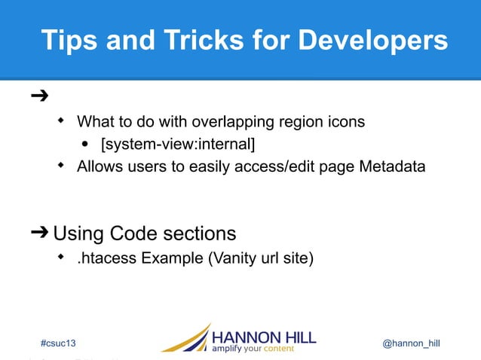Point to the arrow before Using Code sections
click(39, 232)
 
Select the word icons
click(348, 121)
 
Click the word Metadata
click(391, 166)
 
